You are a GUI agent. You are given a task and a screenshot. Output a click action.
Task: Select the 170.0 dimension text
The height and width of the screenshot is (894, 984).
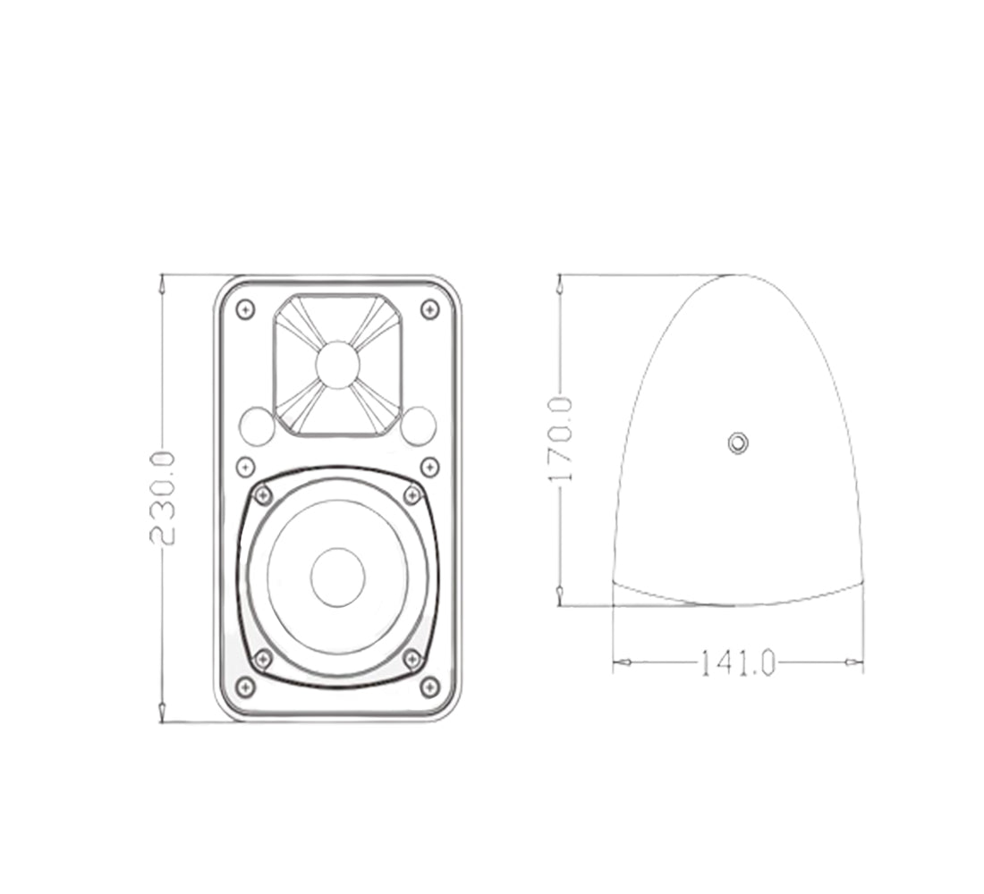pos(560,440)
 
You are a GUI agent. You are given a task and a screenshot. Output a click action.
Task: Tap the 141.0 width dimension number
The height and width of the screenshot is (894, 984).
pos(736,662)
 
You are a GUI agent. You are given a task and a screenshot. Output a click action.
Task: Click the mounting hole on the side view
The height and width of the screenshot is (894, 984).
pos(737,443)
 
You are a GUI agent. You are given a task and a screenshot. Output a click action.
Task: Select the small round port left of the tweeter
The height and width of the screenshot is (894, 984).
pos(257,426)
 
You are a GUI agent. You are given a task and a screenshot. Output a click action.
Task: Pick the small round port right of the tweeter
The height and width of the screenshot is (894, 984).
pos(418,426)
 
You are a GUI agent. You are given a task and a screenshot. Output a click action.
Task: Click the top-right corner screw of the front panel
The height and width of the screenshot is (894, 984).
pos(430,309)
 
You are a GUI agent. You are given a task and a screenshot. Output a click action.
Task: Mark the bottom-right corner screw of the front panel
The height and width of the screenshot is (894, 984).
pos(430,687)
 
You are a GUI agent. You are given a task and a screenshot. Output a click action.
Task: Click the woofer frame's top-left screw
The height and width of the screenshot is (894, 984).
pos(263,494)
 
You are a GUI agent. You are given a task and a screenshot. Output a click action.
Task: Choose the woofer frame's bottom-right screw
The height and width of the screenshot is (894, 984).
pos(412,660)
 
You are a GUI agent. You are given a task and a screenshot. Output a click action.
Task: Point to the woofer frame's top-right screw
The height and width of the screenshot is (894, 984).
pos(412,494)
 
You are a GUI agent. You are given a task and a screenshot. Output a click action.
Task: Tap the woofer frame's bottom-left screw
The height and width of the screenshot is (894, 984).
pos(263,660)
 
